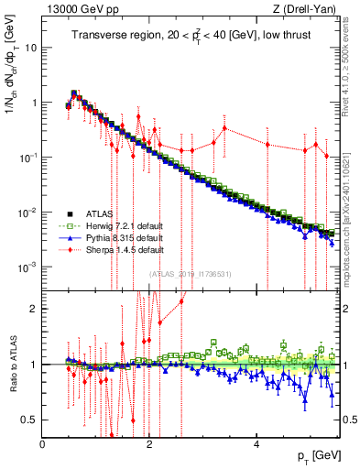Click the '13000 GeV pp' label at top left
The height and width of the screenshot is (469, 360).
tap(74, 9)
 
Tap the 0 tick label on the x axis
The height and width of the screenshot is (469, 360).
tap(43, 444)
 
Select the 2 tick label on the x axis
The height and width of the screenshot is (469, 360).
tap(150, 444)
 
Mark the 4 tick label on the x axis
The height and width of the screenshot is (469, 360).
tap(257, 444)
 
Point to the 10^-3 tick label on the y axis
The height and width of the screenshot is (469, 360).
tap(26, 267)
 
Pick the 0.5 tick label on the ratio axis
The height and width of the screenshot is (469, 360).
tap(27, 420)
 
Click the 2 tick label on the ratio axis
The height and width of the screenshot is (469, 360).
tap(33, 309)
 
